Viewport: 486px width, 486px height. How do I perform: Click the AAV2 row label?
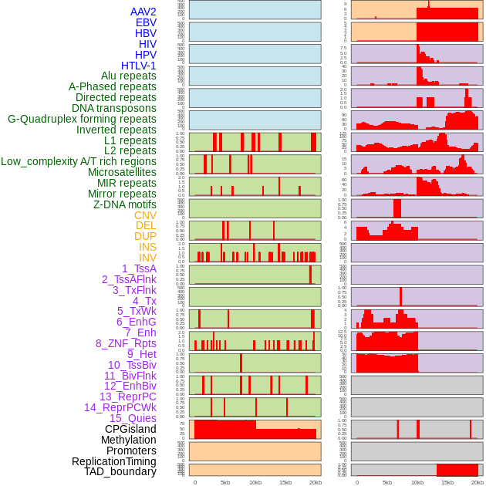click(143, 12)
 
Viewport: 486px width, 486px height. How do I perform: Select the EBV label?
click(146, 22)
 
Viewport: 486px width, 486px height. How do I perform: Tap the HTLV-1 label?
click(139, 66)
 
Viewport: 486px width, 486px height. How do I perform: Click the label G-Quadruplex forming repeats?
click(82, 119)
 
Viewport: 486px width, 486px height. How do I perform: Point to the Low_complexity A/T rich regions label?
click(79, 161)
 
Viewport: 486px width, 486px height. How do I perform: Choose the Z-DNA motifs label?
click(125, 204)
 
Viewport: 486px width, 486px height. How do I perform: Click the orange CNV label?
click(145, 215)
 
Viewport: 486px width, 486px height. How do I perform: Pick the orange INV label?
click(147, 258)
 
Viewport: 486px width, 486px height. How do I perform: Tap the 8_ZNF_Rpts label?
click(126, 343)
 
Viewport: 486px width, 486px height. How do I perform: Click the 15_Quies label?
click(133, 418)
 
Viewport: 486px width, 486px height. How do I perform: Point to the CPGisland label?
click(130, 429)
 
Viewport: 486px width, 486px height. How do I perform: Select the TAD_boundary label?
click(120, 471)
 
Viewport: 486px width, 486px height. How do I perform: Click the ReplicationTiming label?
click(114, 461)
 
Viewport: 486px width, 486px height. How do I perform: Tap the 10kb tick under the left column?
click(255, 482)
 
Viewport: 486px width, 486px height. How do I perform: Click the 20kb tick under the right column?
click(478, 482)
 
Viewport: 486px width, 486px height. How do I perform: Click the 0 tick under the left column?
click(194, 482)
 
